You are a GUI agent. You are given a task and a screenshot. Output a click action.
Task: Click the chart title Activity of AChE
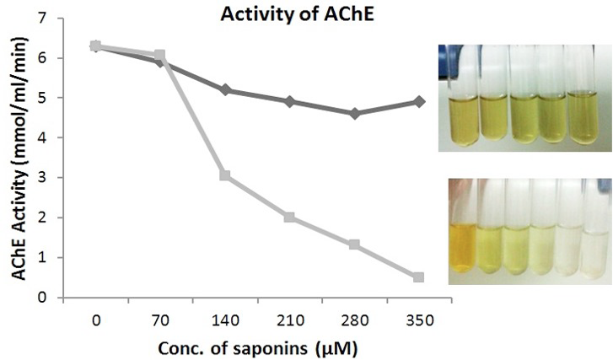click(x=297, y=14)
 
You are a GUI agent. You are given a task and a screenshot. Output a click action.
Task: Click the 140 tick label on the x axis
click(x=225, y=321)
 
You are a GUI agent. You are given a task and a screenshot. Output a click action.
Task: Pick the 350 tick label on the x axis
click(x=419, y=321)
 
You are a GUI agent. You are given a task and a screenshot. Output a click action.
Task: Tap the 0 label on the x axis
click(x=96, y=321)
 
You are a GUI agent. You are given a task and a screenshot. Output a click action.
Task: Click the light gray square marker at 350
click(x=419, y=277)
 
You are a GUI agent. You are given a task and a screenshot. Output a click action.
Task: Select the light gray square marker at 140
click(x=225, y=175)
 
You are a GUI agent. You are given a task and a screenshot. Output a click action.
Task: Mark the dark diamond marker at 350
click(x=419, y=102)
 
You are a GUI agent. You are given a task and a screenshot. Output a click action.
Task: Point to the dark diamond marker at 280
click(x=355, y=114)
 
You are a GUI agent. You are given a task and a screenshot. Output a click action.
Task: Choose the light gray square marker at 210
click(x=289, y=218)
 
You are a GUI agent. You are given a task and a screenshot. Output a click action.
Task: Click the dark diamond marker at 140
click(x=225, y=90)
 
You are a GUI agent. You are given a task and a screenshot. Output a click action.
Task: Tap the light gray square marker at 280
click(x=354, y=244)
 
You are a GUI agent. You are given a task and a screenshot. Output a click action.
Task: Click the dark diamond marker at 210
click(x=290, y=102)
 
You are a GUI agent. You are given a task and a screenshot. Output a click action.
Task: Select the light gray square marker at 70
click(x=159, y=54)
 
